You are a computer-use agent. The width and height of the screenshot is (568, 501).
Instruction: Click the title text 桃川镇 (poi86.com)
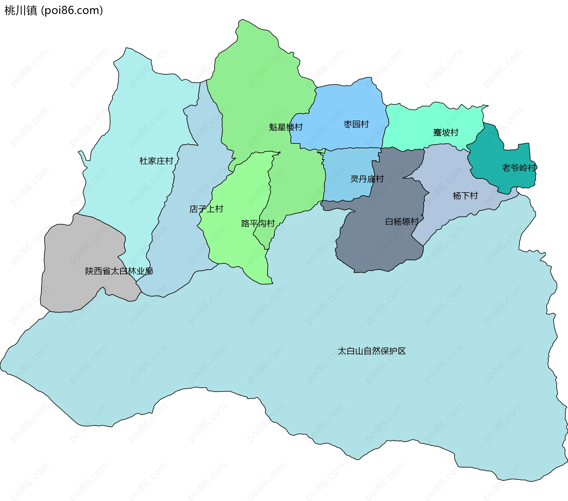point(54,10)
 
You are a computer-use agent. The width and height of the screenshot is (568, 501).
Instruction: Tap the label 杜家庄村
point(156,161)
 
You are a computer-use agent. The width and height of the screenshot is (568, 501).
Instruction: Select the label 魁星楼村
point(286,127)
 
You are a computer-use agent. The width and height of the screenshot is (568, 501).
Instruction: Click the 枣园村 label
point(356,124)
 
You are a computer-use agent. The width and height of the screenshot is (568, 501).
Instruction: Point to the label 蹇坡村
point(446,132)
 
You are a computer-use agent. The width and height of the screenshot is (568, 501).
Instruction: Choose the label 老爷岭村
point(519,168)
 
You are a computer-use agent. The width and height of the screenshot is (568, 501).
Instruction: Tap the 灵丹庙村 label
point(367,179)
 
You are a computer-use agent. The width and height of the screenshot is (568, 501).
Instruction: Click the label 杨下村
point(465,195)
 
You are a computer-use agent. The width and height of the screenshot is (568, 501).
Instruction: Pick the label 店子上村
point(206,209)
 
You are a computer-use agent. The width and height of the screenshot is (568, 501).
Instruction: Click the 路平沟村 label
point(258,223)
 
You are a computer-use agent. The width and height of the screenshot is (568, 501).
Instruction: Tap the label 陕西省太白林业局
point(119,271)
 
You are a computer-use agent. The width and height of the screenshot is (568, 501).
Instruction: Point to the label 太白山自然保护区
point(372,351)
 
